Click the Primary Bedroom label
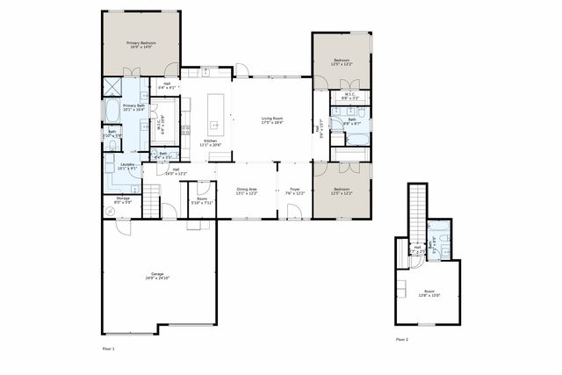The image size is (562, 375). coord(140,45)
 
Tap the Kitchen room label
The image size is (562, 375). coord(211,142)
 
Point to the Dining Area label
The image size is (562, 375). coord(247,191)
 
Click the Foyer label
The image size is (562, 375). coord(295,191)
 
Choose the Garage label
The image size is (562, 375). coord(158,277)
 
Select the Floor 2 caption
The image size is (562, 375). coord(401,339)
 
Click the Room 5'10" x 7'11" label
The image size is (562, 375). coord(202,201)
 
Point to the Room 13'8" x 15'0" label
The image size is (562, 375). coord(429,294)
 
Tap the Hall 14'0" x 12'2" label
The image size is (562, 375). coord(176,171)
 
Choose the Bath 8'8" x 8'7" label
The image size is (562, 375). coord(351,121)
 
